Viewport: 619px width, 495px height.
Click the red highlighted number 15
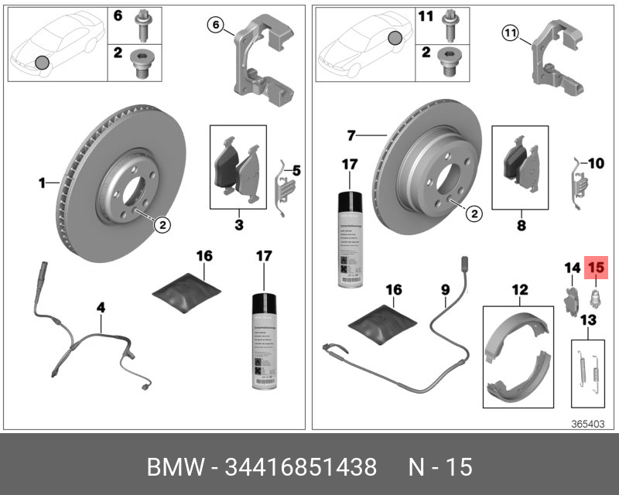pos(596,268)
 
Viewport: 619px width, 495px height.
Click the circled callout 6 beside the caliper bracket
pos(217,26)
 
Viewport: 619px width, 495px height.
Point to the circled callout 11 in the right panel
pos(508,32)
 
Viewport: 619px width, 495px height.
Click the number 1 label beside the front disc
pos(43,183)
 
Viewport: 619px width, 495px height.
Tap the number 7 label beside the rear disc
pos(351,136)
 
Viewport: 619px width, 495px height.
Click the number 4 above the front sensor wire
pos(100,307)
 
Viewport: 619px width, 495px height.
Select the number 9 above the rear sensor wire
pos(445,290)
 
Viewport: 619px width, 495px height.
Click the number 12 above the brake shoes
pos(519,290)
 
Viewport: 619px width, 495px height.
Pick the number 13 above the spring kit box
pos(589,319)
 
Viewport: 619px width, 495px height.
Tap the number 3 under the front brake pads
pos(239,225)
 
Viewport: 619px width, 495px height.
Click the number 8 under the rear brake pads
pos(521,226)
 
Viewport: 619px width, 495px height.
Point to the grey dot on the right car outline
pos(395,38)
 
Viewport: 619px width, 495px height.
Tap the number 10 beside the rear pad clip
pos(595,163)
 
